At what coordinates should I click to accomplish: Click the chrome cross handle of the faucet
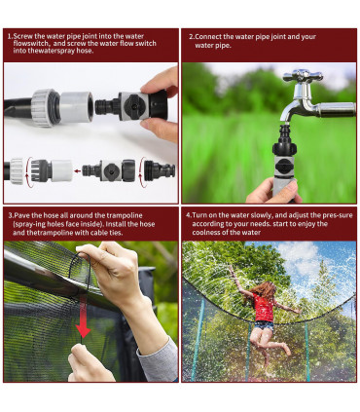click(303, 76)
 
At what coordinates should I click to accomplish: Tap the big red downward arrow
click(83, 317)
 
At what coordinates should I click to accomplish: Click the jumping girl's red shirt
click(264, 307)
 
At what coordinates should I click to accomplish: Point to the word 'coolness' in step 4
click(205, 232)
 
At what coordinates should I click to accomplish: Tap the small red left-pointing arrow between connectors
click(77, 170)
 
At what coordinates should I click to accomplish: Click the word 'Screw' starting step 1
click(22, 36)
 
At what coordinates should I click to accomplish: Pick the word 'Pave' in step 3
click(21, 215)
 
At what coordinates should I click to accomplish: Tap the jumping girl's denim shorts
click(264, 325)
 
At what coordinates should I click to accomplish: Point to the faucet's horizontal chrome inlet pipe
click(336, 109)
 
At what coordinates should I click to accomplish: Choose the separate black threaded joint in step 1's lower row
click(160, 170)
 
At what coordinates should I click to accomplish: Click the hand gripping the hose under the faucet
click(273, 192)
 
